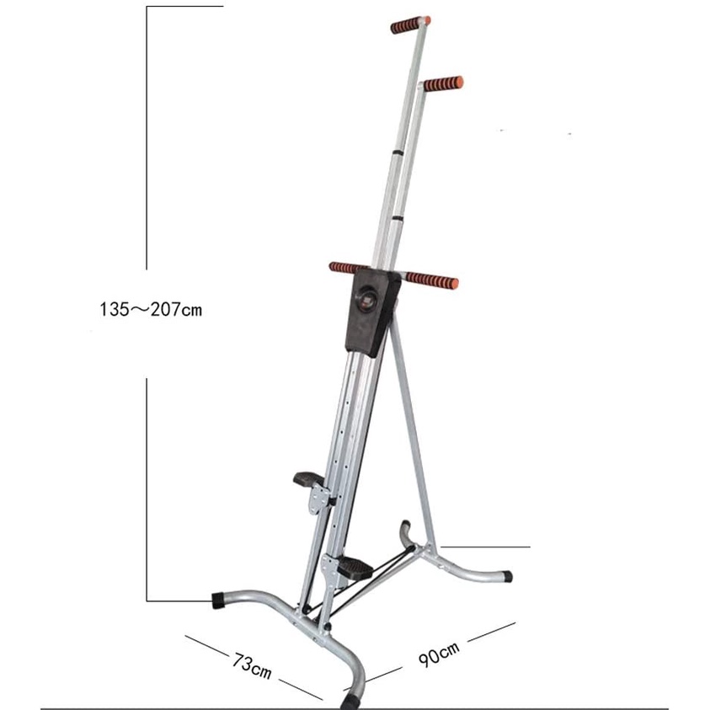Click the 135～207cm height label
pos(151,310)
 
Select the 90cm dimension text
pos(438,654)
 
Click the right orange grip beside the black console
pos(432,280)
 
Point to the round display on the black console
pos(366,302)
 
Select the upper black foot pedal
pos(309,478)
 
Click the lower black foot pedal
pos(355,568)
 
